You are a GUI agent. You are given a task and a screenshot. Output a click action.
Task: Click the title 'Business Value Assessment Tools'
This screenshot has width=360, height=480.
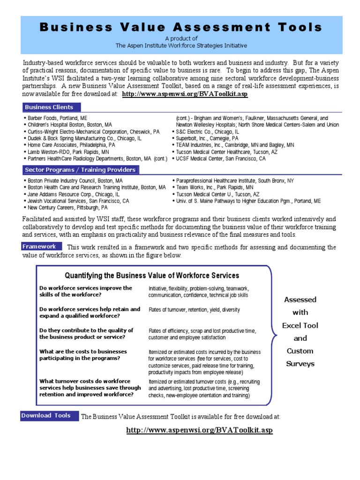181,27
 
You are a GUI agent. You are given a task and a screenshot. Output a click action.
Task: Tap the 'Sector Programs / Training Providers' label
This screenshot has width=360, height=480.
80,170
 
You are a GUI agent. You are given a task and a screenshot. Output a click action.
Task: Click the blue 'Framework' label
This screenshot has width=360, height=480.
41,247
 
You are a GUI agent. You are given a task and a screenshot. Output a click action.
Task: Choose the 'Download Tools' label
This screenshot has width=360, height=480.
46,415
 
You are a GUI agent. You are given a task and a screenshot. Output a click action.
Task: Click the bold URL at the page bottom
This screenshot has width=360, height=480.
199,430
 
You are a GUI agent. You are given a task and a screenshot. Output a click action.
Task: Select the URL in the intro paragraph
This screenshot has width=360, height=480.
185,94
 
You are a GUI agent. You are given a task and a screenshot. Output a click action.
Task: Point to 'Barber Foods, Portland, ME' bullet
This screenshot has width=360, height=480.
57,119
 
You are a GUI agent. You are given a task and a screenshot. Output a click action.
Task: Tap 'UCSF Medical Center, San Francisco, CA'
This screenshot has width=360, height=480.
220,159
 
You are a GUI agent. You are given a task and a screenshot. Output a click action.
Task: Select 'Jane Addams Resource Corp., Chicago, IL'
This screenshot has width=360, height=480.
73,194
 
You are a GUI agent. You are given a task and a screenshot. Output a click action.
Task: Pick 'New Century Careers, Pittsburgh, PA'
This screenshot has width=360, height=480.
67,207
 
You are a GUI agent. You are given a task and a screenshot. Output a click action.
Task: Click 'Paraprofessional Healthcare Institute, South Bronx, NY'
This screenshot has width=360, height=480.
235,181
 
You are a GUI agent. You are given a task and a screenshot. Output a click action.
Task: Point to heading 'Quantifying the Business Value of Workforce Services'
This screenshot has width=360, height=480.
152,276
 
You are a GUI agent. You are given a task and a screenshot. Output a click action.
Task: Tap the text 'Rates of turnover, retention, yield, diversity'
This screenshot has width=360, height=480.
194,310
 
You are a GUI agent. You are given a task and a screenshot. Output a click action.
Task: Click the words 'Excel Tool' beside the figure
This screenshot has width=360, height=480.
300,325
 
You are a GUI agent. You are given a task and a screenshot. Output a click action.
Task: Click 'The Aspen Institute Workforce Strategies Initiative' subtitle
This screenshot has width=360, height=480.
181,45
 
